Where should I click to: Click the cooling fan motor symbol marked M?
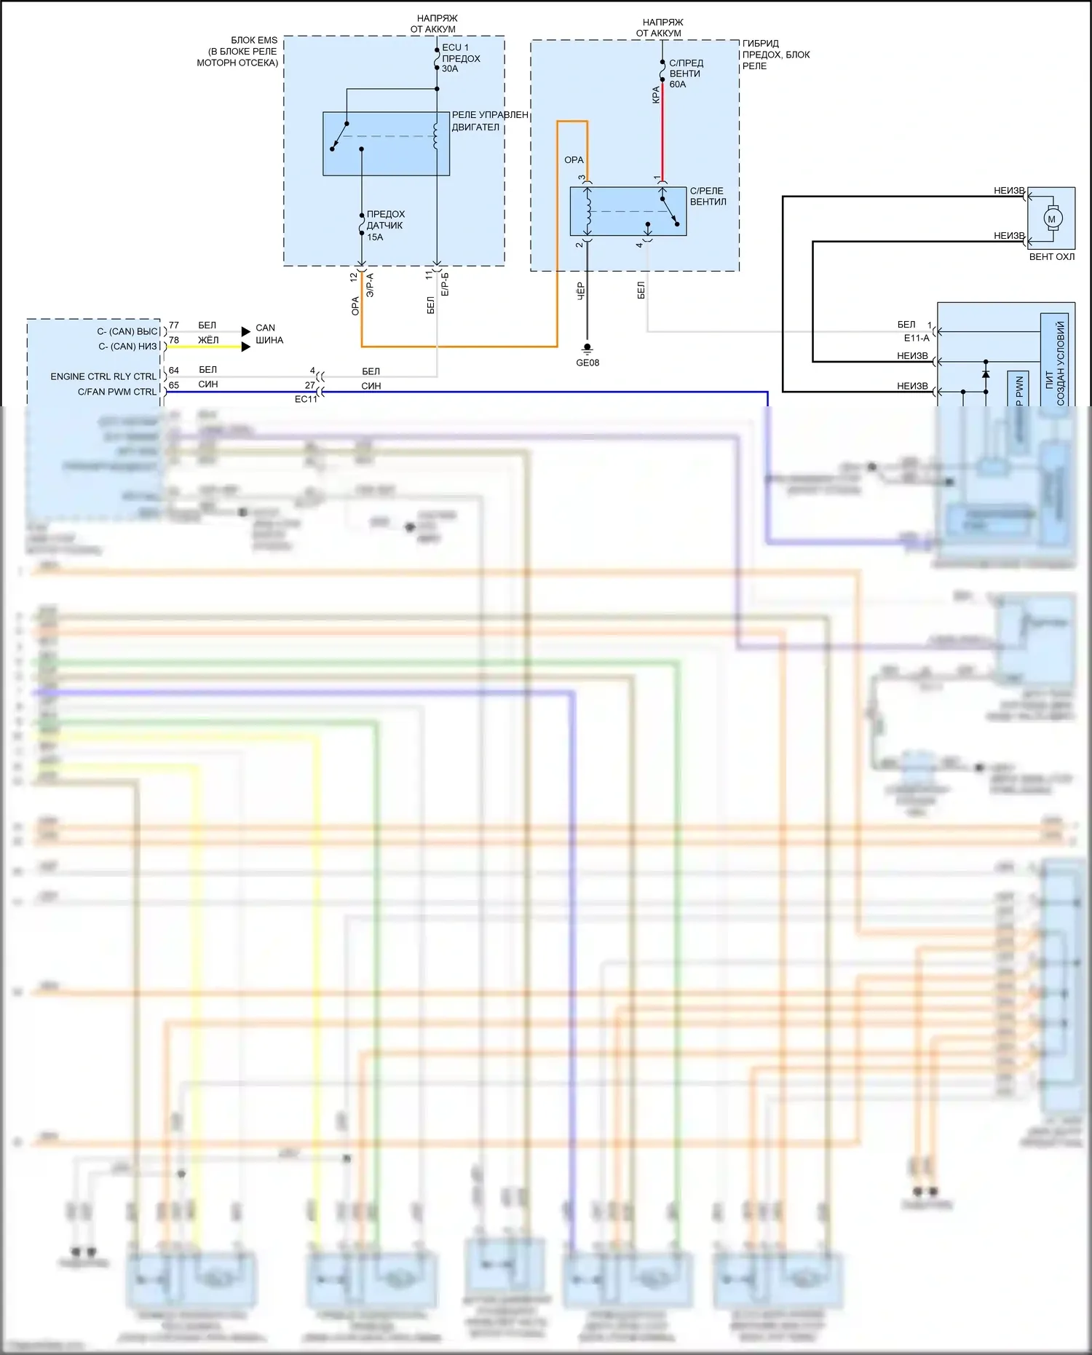click(1051, 219)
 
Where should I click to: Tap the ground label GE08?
click(587, 363)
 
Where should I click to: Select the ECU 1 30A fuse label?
click(460, 58)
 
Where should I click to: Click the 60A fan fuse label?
click(685, 74)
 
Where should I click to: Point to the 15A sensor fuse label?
click(385, 226)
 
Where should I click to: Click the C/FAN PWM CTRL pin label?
click(116, 392)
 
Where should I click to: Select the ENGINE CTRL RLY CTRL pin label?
click(103, 376)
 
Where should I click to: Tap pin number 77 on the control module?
click(174, 325)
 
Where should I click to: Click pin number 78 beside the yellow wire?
click(174, 340)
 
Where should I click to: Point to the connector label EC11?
click(306, 399)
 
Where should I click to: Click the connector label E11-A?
click(917, 338)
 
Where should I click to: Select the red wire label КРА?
click(656, 95)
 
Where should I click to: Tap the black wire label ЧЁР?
click(581, 291)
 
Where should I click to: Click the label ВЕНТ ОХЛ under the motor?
click(1051, 257)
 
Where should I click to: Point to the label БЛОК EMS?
click(253, 40)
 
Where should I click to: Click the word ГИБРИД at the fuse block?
click(761, 44)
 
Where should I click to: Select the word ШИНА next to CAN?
click(269, 340)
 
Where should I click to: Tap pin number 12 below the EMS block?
click(354, 277)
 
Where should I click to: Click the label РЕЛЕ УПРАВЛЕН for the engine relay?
click(489, 115)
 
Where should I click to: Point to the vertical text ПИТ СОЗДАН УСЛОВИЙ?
click(1054, 363)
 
